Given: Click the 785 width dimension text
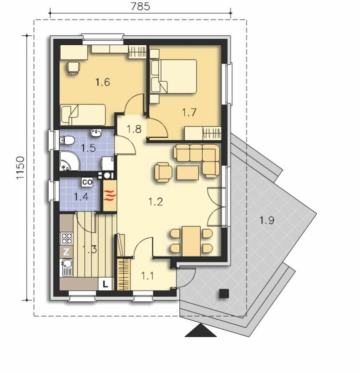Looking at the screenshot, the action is pos(140,6).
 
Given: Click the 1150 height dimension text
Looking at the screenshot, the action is pos(20,168).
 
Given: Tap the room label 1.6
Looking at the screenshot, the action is pos(103,82).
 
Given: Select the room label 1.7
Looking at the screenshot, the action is pos(189,112).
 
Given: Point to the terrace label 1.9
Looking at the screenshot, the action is pos(267,220).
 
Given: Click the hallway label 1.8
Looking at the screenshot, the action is pos(134,129).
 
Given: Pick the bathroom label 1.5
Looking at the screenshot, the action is pos(88,148).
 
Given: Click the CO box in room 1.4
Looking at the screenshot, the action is pos(87,183).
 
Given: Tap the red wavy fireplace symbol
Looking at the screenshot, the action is pos(110,195).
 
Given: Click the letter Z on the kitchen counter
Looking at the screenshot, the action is pos(66,252).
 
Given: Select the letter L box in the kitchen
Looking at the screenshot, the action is pos(105,284).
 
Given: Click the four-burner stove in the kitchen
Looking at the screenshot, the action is pos(66,239).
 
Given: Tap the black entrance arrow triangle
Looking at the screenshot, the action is pos(201,330).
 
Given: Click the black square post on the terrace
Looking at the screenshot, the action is pos(224,293).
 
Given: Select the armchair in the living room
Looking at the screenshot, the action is pos(163,172).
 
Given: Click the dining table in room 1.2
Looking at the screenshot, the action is pos(191,241).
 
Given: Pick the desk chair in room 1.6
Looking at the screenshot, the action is pos(74,68).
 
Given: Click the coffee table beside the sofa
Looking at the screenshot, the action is pos(188,173).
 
